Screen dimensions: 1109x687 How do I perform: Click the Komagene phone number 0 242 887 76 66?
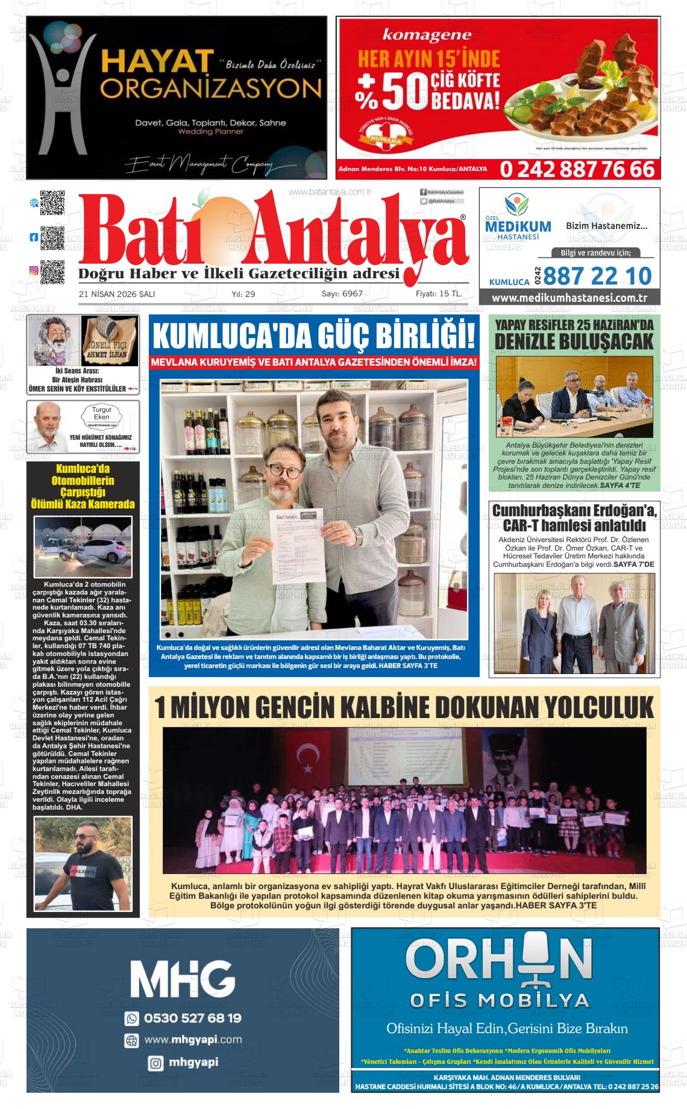click(x=577, y=169)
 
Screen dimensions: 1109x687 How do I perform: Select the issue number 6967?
click(x=352, y=293)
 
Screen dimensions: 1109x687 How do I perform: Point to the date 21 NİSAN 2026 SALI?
click(x=117, y=294)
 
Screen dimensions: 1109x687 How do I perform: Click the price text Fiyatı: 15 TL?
click(x=439, y=293)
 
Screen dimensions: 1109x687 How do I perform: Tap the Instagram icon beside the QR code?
click(x=34, y=271)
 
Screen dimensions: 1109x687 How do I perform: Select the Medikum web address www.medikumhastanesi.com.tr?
click(x=569, y=298)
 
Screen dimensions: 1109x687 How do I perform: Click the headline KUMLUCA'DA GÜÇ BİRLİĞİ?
click(x=313, y=336)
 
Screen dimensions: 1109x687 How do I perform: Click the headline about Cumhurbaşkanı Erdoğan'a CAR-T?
click(x=574, y=517)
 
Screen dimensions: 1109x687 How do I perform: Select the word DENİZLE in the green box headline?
click(x=532, y=342)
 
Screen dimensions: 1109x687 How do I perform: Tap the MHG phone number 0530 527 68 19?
click(x=192, y=1018)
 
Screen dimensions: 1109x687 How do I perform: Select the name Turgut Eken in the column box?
click(x=101, y=414)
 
